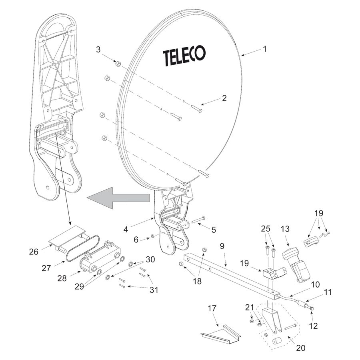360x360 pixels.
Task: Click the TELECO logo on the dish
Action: [x=184, y=56]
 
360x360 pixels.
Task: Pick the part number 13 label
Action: [x=285, y=229]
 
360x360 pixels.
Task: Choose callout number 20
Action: [x=300, y=348]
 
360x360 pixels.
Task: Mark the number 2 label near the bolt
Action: [x=224, y=98]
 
